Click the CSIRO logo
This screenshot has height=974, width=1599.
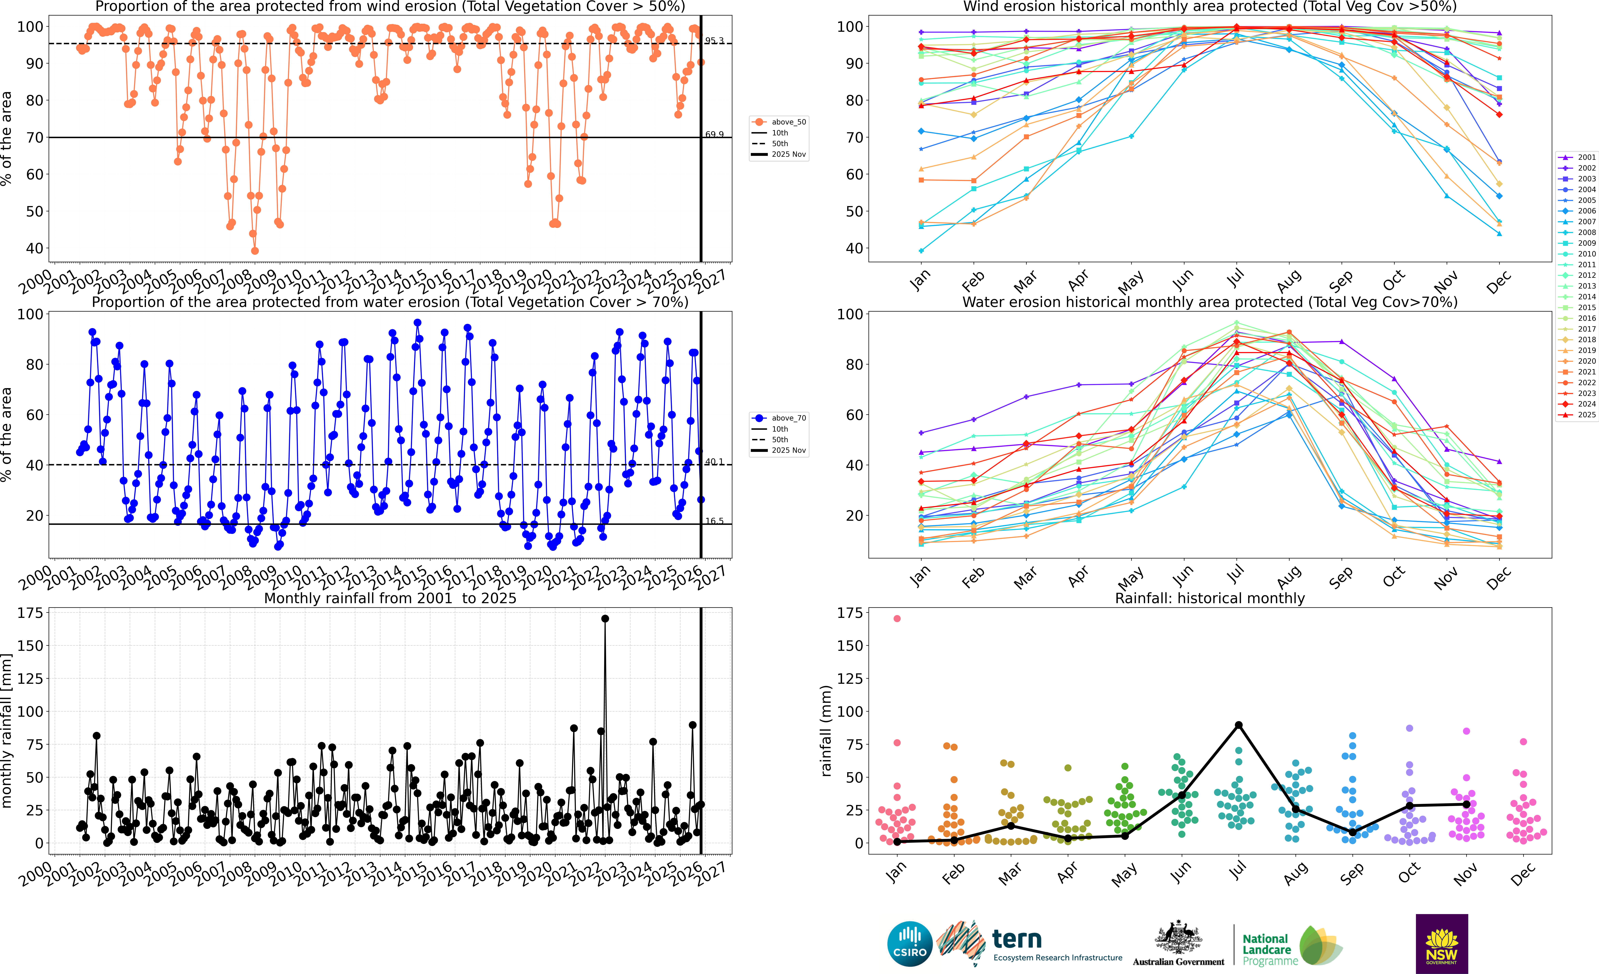point(910,943)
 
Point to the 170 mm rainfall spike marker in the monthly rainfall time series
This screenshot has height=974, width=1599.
point(605,619)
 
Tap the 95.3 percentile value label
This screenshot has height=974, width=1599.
point(714,40)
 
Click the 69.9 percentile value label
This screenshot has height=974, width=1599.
point(714,134)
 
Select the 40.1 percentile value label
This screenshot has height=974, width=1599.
point(714,462)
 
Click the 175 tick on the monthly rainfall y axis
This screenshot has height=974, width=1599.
point(30,613)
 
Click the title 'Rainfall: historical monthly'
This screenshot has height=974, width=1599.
point(1210,598)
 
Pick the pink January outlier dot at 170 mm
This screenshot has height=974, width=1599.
point(897,619)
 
